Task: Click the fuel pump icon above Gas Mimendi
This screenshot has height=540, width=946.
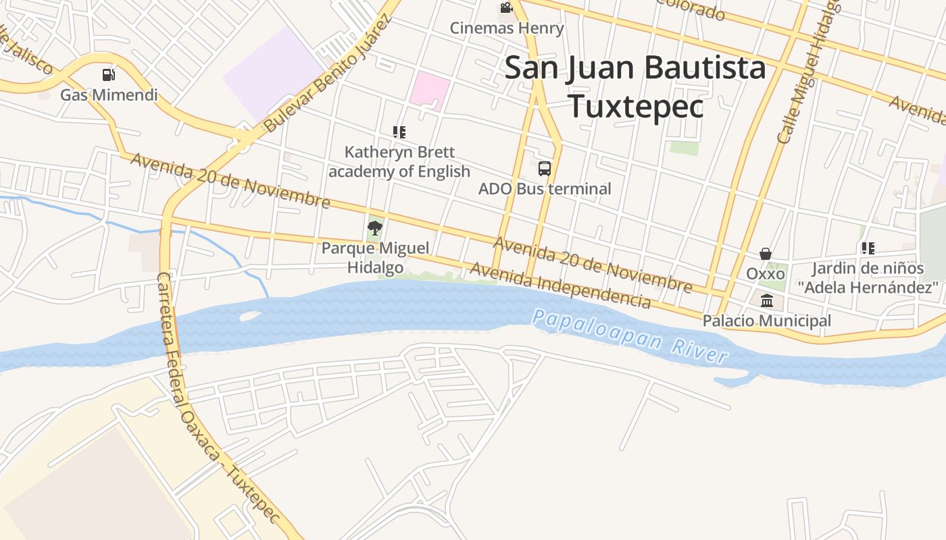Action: tap(108, 74)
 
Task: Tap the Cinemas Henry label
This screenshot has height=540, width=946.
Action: tap(507, 28)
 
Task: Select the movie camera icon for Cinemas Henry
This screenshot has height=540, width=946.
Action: tap(506, 8)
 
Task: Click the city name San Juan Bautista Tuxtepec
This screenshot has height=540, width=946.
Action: tap(635, 87)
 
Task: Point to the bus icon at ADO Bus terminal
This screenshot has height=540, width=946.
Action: tap(545, 169)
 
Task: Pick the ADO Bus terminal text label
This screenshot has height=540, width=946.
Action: tap(545, 189)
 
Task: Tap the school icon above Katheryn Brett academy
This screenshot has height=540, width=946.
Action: tap(399, 132)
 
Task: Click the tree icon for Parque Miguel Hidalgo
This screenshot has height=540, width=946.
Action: tap(375, 228)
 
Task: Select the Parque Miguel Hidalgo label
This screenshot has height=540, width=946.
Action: tap(375, 257)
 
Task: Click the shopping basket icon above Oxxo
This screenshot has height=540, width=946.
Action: tap(766, 254)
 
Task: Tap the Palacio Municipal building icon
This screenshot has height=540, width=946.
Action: tap(767, 301)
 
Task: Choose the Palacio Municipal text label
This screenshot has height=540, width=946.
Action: tap(767, 321)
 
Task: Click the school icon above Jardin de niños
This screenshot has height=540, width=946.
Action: tap(868, 248)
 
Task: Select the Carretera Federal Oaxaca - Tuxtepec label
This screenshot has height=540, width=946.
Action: tap(216, 398)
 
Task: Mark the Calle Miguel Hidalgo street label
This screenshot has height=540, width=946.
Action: tap(808, 74)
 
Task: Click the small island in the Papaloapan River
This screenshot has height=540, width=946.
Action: tap(249, 315)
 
